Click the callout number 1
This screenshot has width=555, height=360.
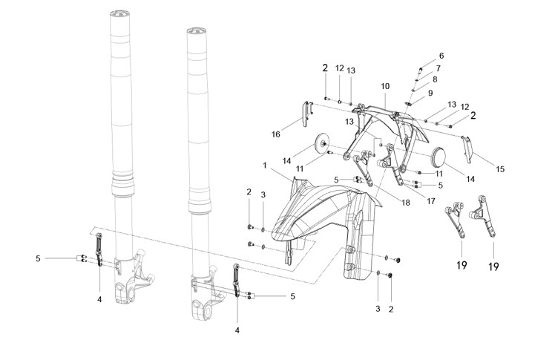[264, 166]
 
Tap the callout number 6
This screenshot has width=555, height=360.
[441, 56]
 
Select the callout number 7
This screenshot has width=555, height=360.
[439, 68]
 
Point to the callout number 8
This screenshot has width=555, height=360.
[435, 79]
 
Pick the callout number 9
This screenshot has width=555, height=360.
[430, 93]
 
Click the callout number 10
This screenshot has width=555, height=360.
[385, 86]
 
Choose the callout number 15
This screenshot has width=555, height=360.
[500, 169]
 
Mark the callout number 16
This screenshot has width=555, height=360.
[276, 134]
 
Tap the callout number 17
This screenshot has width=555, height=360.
[431, 201]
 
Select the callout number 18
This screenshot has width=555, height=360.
[406, 203]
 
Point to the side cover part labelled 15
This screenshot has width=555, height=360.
[467, 148]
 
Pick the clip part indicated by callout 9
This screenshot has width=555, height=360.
[409, 104]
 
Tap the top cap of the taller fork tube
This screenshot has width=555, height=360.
[120, 14]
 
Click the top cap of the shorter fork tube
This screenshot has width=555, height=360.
[197, 31]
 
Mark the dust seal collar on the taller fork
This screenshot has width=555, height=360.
[123, 184]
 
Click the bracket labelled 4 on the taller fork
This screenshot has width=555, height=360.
[99, 249]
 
